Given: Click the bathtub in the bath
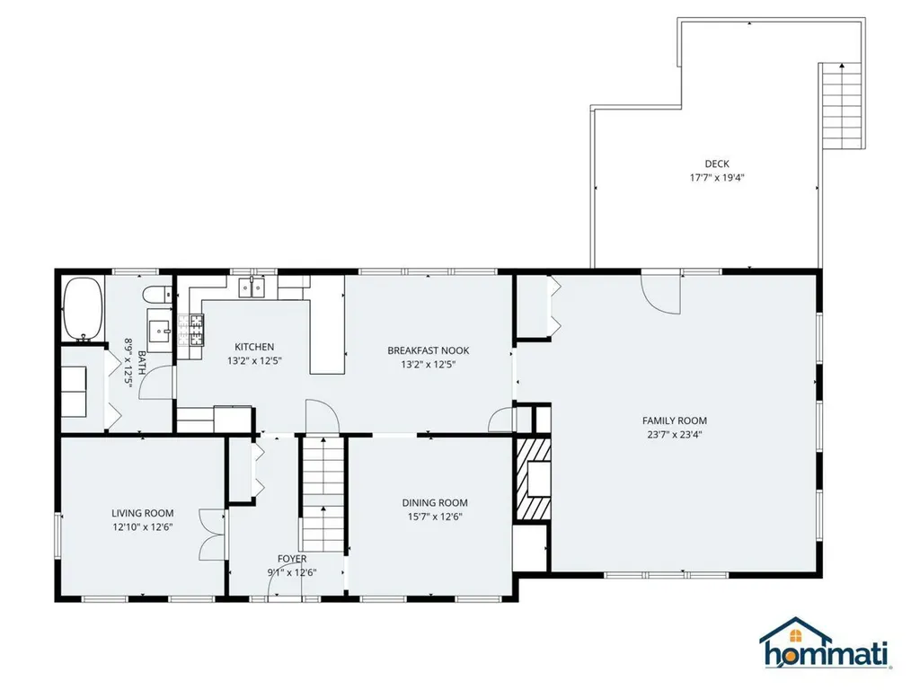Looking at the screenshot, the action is tap(84, 308).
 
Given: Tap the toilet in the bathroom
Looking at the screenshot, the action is tap(157, 294).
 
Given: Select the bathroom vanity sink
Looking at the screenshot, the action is tap(159, 332).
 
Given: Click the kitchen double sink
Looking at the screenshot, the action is tap(252, 287).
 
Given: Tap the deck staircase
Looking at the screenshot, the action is tap(843, 106).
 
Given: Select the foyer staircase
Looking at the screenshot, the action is tap(323, 494).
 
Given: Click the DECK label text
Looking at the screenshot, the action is tap(717, 164).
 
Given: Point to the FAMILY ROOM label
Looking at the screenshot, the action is tap(674, 420).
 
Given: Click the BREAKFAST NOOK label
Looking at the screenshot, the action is tap(429, 350).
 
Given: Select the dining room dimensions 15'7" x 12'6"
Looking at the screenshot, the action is tap(434, 517).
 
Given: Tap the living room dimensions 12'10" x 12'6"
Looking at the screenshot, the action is tap(143, 526).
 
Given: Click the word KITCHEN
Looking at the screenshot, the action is tap(254, 347).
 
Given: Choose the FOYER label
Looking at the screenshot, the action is tap(292, 559).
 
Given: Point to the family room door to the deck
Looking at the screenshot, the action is tap(661, 294).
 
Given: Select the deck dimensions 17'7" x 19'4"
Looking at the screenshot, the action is tap(716, 177).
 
